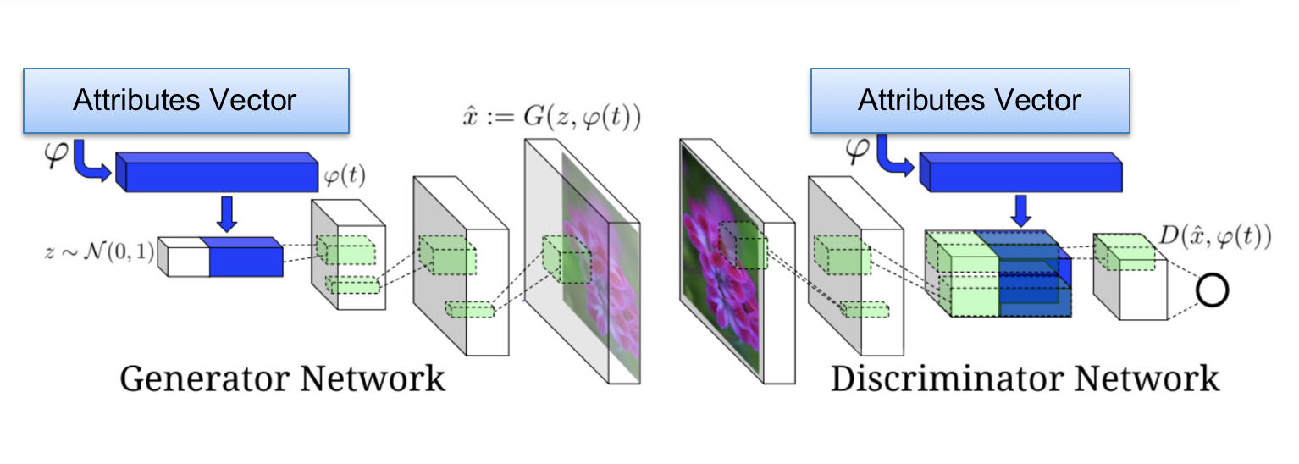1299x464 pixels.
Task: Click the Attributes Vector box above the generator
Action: tap(185, 101)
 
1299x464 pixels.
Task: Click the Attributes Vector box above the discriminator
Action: tap(970, 101)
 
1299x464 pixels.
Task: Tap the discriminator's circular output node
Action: tap(1212, 291)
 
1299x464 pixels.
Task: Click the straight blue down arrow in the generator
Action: tap(225, 213)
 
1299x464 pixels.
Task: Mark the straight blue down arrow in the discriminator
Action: tap(1022, 210)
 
